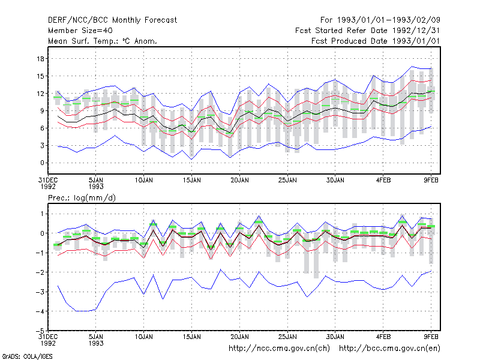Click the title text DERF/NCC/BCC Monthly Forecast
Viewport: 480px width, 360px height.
click(112, 20)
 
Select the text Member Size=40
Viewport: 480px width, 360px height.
click(80, 31)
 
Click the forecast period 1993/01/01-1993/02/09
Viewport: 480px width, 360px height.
click(380, 20)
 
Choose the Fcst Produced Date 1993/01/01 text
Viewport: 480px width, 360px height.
click(376, 41)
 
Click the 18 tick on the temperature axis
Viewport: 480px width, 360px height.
click(41, 59)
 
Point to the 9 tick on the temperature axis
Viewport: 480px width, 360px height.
click(43, 111)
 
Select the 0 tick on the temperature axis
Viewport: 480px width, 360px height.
click(43, 163)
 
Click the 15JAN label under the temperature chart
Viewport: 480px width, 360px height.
click(192, 181)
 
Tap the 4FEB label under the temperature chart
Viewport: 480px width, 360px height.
click(383, 181)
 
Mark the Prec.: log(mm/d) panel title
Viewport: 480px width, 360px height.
click(82, 198)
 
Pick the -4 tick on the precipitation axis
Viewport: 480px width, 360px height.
click(40, 311)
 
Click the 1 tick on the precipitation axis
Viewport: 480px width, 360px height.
click(43, 214)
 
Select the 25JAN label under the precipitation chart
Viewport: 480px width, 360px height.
click(287, 337)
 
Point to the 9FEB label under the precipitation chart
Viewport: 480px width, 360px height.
click(431, 337)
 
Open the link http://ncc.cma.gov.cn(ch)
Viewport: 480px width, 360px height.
click(279, 349)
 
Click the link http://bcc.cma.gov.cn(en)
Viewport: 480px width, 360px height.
click(389, 349)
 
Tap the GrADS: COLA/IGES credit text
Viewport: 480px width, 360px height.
click(27, 356)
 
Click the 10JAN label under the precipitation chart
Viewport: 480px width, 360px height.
click(144, 337)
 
